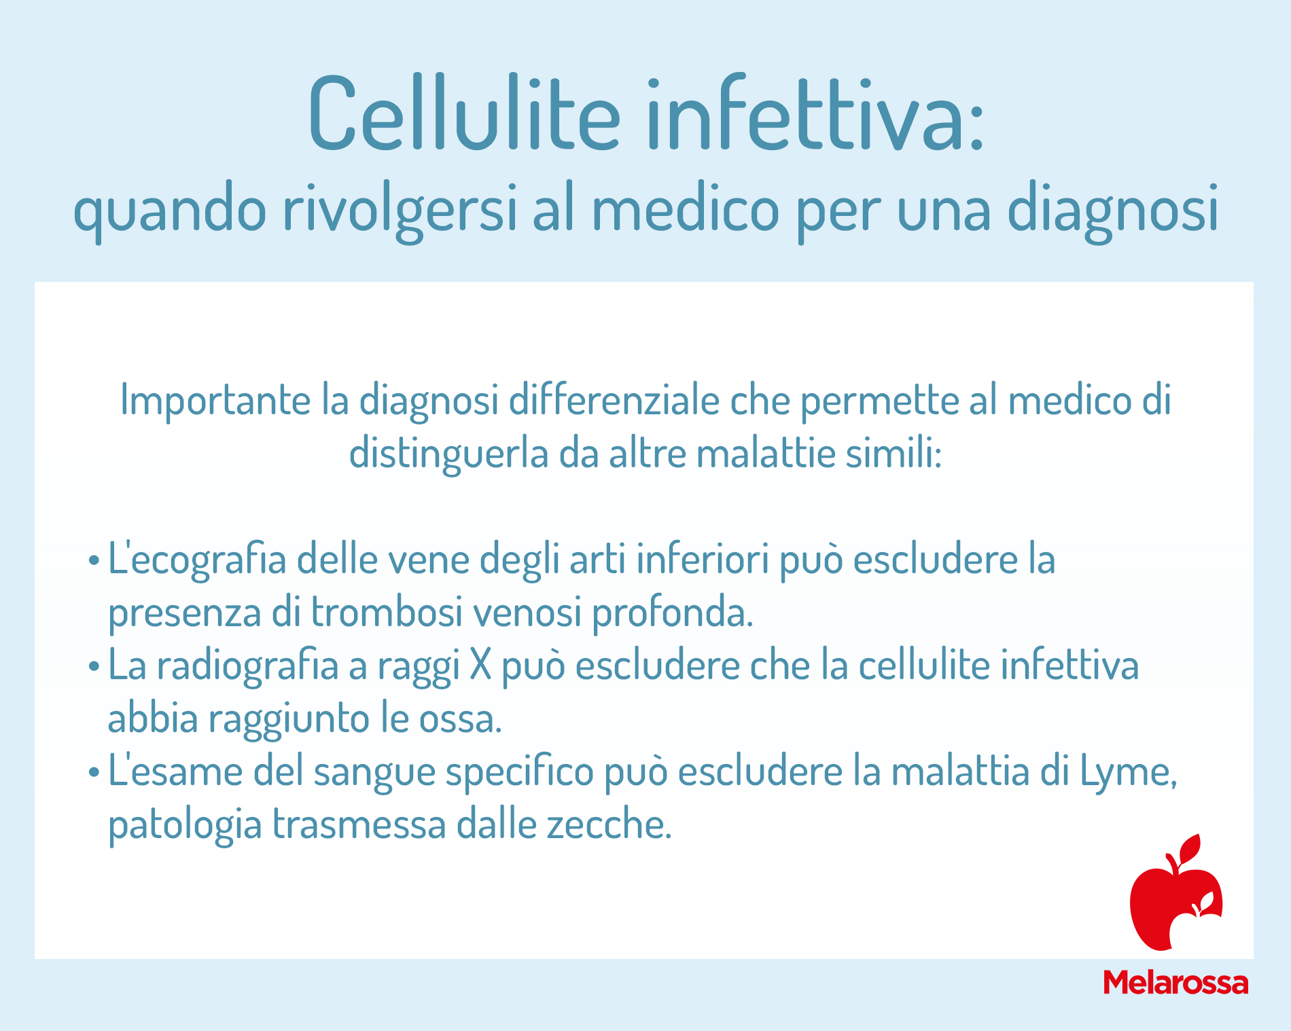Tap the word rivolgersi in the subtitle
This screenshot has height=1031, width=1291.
pyautogui.click(x=400, y=211)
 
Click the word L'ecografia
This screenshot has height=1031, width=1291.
pyautogui.click(x=197, y=561)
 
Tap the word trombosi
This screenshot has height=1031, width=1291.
pyautogui.click(x=387, y=611)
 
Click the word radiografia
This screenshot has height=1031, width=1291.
pyautogui.click(x=247, y=666)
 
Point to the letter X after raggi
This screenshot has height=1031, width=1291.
pyautogui.click(x=480, y=666)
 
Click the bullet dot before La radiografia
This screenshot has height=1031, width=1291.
pyautogui.click(x=94, y=668)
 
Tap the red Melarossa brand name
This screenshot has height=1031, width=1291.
pyautogui.click(x=1175, y=983)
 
